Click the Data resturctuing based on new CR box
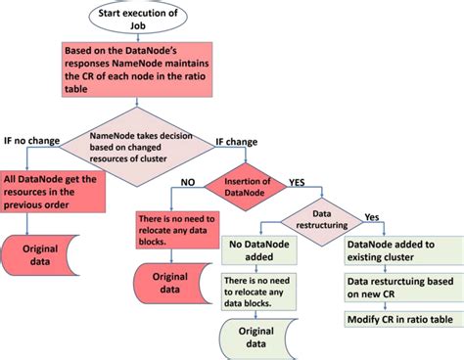(x=397, y=288)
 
